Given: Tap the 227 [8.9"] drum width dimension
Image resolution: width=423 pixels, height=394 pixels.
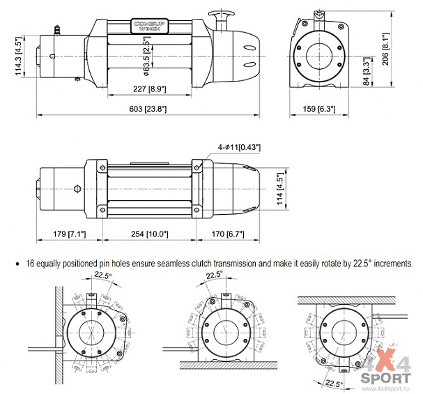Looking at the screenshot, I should [x=146, y=89].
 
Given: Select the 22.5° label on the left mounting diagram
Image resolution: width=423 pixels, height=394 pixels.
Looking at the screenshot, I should [x=103, y=275].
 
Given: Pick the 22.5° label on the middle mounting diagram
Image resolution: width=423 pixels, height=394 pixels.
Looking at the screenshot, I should [x=215, y=275].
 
